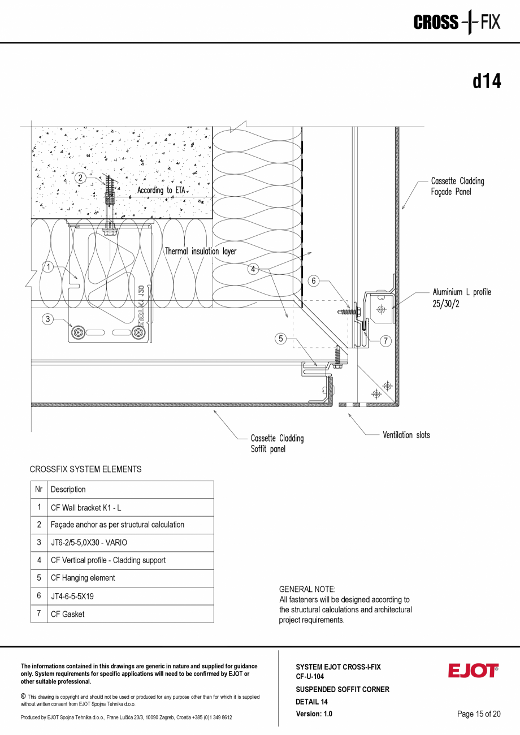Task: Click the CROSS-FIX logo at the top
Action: tap(457, 23)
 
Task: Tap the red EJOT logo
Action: tap(473, 671)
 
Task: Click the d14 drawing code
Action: tap(487, 81)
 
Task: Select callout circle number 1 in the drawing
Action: tap(49, 267)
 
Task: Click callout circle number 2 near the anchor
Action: tap(81, 178)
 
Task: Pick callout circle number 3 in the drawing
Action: tap(49, 319)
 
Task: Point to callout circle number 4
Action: tap(254, 269)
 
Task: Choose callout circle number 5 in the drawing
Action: tap(281, 339)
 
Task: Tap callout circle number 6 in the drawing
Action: tap(315, 280)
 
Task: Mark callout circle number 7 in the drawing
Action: tap(385, 341)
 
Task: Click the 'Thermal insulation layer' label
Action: tap(201, 251)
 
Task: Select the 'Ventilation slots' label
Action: tap(406, 435)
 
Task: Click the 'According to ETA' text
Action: tap(162, 191)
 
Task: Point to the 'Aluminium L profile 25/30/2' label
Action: tap(461, 297)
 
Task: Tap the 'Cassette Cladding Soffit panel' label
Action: tap(277, 444)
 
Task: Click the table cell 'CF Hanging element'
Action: tap(83, 578)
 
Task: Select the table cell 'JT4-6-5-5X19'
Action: tap(72, 596)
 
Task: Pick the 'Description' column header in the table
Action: tap(68, 490)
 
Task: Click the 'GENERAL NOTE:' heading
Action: tap(307, 589)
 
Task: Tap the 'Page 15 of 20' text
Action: tap(479, 714)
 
